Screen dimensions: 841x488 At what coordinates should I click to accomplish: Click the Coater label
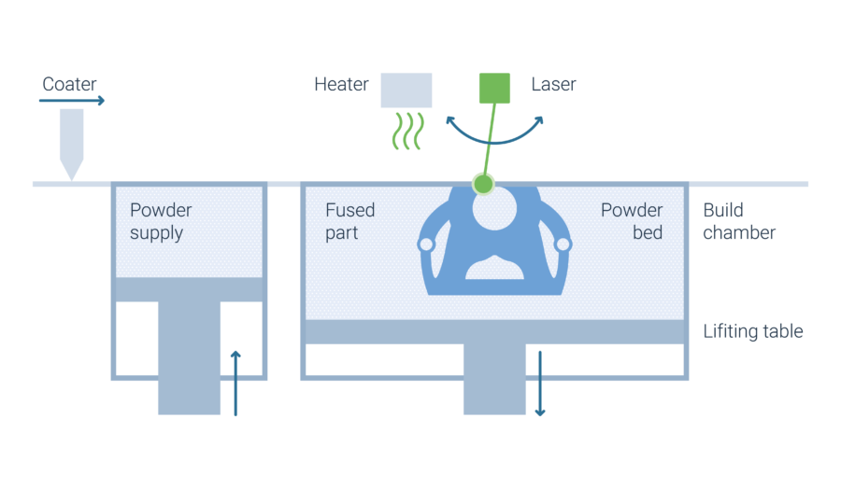(x=69, y=84)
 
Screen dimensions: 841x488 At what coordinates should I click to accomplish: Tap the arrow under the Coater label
(x=72, y=100)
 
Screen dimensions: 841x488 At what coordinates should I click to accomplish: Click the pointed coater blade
(x=71, y=145)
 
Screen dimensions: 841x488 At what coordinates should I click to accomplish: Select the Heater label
(x=341, y=84)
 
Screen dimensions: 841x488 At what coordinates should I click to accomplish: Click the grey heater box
(x=406, y=90)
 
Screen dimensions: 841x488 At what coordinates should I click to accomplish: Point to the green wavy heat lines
(x=407, y=131)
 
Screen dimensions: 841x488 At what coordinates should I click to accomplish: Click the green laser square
(x=494, y=88)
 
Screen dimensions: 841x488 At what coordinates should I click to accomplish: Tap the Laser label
(x=553, y=84)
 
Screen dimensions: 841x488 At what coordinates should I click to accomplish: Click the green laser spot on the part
(x=483, y=184)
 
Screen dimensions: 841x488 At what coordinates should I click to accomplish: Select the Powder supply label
(x=161, y=221)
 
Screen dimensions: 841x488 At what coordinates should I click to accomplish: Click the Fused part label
(x=349, y=221)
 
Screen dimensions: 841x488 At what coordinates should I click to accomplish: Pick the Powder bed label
(x=632, y=221)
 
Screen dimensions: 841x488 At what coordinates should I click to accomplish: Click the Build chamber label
(x=739, y=221)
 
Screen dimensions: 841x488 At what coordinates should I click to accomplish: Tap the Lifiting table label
(x=753, y=331)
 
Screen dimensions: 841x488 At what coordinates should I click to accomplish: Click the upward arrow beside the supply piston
(x=235, y=383)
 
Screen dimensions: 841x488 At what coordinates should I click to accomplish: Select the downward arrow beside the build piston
(x=540, y=383)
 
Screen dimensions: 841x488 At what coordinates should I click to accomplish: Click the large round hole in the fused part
(x=494, y=208)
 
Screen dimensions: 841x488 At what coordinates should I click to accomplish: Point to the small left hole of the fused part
(x=426, y=244)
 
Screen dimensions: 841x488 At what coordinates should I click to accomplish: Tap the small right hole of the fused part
(x=563, y=244)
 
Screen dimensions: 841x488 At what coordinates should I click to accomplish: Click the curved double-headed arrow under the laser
(x=494, y=143)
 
